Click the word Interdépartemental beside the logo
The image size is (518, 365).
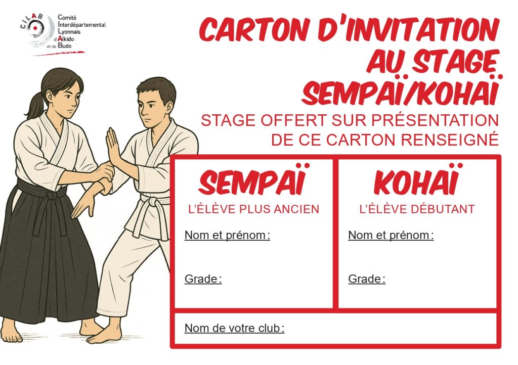click(81, 24)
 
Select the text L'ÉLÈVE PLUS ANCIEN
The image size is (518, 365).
click(254, 209)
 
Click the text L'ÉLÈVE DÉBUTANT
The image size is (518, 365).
click(417, 209)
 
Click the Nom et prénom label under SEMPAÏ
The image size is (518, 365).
click(227, 235)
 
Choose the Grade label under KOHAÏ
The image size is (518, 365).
click(367, 279)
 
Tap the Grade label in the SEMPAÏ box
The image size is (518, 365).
click(203, 279)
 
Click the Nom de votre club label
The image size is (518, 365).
click(234, 329)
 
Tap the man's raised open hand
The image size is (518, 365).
click(113, 146)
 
